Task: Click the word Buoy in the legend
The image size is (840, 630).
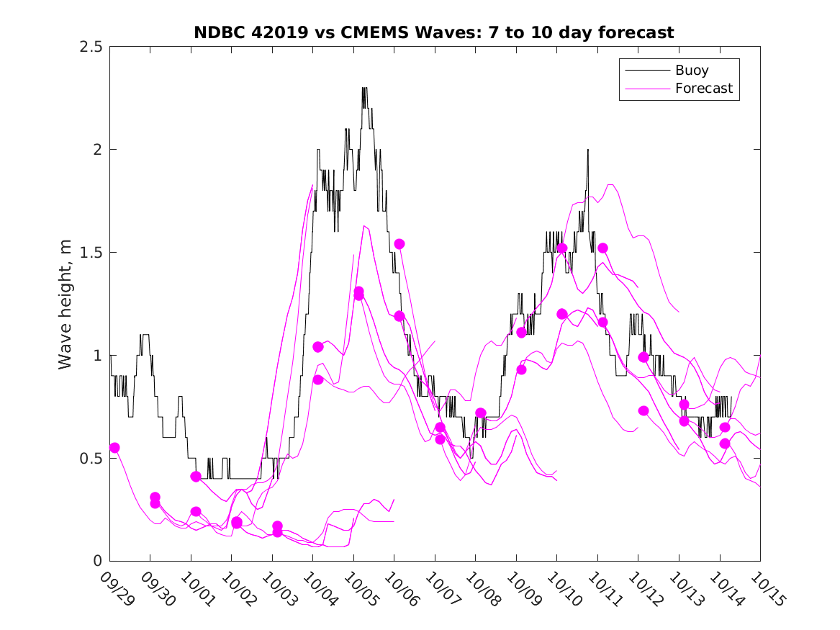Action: pos(691,71)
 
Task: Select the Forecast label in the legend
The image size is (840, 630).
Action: pos(703,89)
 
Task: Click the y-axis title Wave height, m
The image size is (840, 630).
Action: pos(66,303)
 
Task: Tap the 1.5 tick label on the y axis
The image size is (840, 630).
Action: pos(91,253)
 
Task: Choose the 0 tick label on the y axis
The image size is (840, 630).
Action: pos(96,561)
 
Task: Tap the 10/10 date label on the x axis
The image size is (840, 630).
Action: pos(561,589)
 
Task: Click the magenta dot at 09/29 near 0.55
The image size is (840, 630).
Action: pos(114,448)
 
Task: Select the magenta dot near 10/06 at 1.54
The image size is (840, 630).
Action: pos(399,244)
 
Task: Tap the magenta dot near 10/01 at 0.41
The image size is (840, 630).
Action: pos(196,477)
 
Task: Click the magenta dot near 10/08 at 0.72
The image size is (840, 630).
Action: pos(480,413)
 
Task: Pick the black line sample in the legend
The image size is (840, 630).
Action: pos(645,71)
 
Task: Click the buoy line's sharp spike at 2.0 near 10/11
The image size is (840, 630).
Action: pos(587,150)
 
